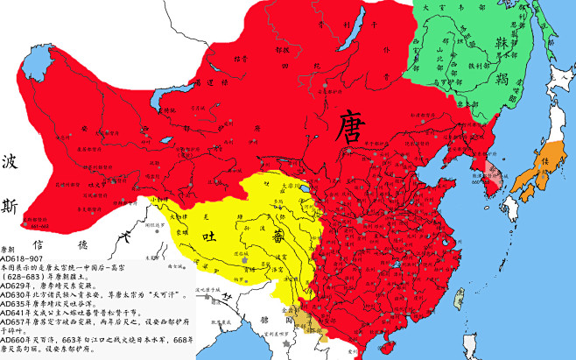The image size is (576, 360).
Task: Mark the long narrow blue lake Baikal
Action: (x=348, y=39)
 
